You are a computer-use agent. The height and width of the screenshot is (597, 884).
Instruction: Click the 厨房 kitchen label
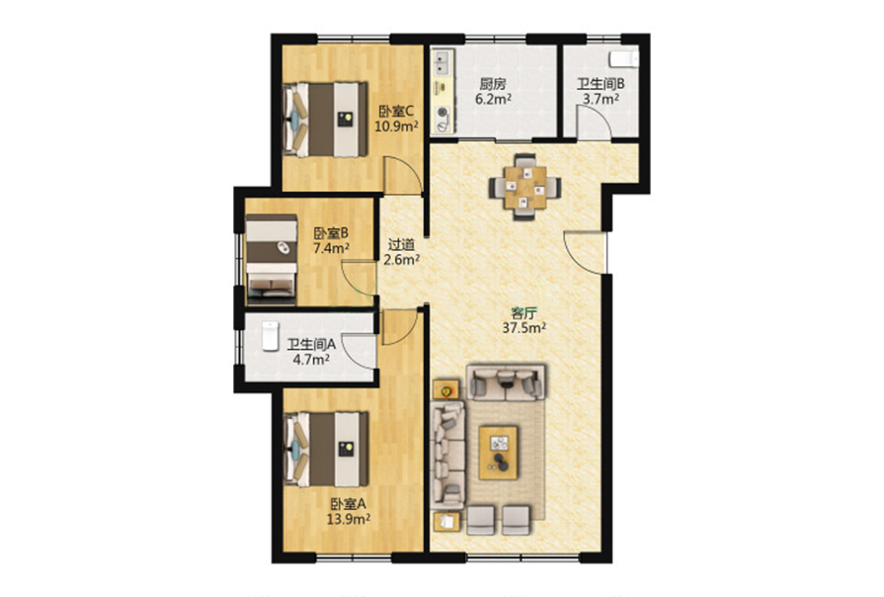(493, 85)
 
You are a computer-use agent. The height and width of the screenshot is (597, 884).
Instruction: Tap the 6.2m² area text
(493, 100)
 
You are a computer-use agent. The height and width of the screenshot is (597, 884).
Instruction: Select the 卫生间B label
(601, 85)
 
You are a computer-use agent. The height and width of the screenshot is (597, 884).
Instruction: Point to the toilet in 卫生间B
(624, 58)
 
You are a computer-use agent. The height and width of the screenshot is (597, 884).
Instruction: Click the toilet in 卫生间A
(271, 336)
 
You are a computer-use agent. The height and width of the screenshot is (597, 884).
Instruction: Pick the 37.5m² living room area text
(524, 328)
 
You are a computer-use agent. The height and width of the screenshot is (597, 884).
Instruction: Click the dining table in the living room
(524, 187)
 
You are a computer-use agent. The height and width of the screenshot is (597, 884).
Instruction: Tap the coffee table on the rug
(499, 453)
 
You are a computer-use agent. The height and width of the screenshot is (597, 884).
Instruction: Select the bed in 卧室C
(325, 120)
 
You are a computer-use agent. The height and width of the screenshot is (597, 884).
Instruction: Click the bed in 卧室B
(272, 256)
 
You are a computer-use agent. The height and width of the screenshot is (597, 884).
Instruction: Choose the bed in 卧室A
(326, 449)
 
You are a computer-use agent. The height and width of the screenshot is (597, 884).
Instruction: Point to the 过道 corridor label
(401, 245)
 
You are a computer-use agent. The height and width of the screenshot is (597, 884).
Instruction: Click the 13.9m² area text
(349, 519)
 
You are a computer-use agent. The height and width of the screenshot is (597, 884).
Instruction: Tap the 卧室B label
(331, 232)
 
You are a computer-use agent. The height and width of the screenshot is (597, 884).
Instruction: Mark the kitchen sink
(442, 62)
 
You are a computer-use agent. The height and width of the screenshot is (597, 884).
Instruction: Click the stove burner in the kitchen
(442, 115)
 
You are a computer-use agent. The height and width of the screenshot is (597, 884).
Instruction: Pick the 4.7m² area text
(311, 360)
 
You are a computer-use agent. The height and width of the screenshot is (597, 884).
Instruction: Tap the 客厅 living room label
(523, 313)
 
